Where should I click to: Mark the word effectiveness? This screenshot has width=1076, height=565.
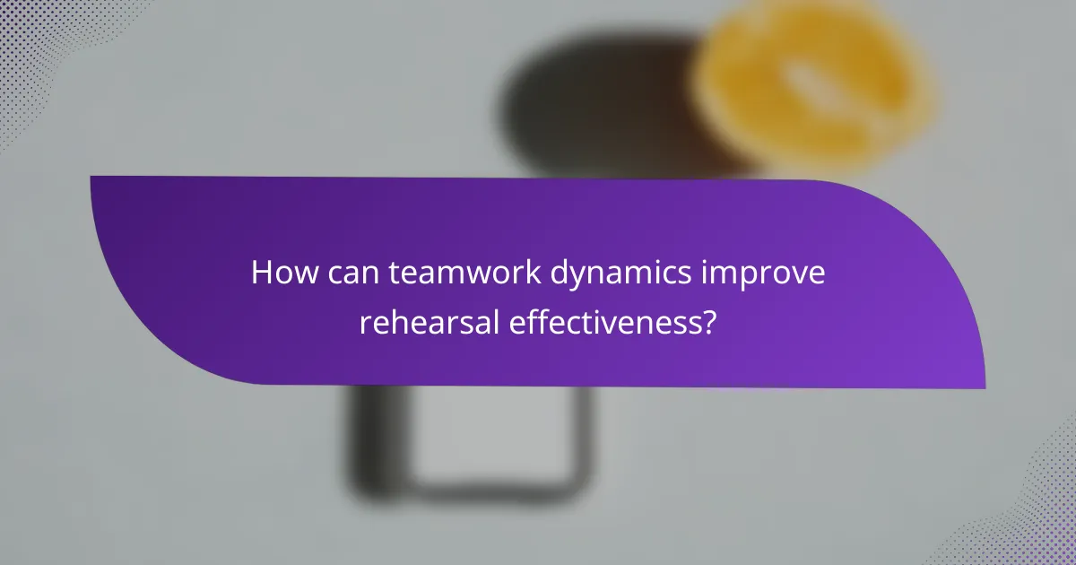coord(602,322)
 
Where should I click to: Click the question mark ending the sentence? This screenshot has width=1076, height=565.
coord(708,322)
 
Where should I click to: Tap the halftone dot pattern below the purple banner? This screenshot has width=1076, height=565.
coord(1031,502)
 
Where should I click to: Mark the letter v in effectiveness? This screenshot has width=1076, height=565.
coord(608,322)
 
